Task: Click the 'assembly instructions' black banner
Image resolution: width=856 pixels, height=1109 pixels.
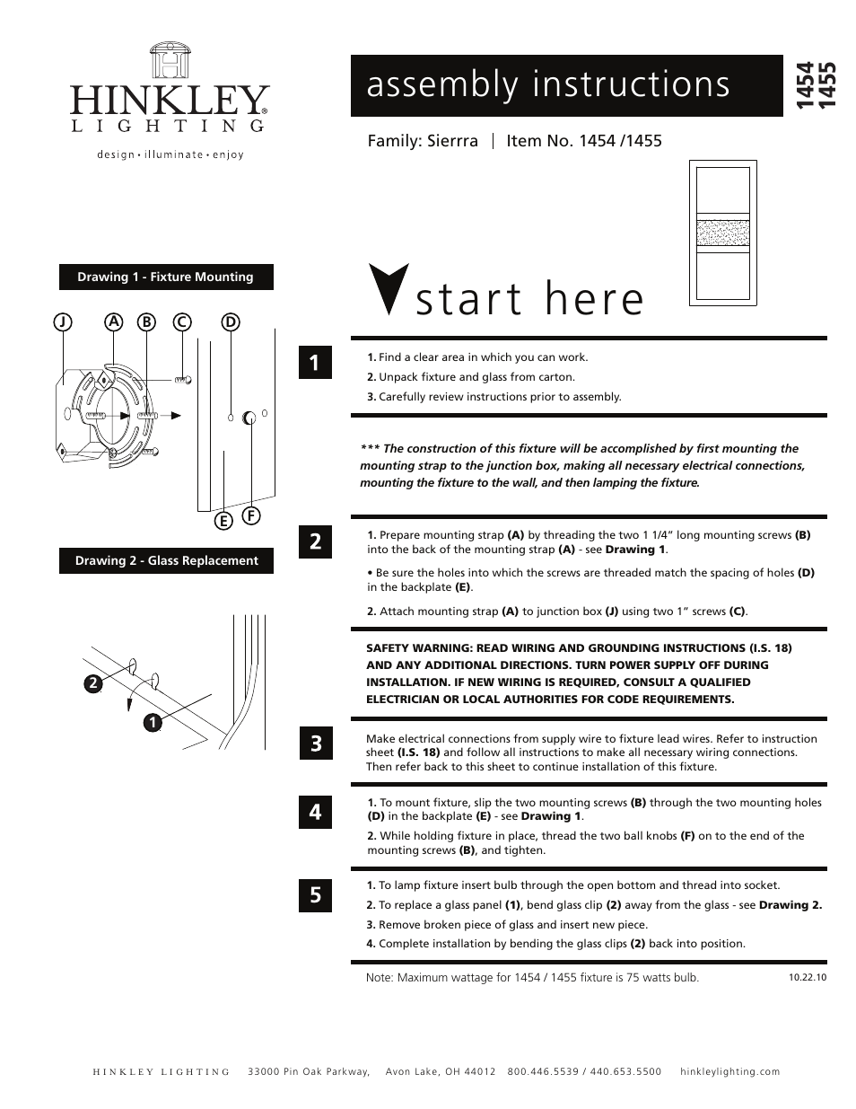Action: click(566, 85)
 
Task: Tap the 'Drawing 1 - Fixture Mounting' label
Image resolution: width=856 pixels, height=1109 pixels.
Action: click(166, 277)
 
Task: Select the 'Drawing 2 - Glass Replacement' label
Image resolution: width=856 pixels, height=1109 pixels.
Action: click(166, 560)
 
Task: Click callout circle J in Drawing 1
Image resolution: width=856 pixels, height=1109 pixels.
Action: click(62, 321)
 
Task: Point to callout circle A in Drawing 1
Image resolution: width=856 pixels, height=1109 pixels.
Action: click(113, 321)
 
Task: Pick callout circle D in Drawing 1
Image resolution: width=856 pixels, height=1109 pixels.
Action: click(230, 321)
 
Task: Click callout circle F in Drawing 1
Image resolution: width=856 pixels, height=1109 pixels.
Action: click(251, 515)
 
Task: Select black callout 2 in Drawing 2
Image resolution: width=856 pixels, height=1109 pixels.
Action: click(92, 683)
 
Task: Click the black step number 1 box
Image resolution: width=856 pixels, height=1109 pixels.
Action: click(315, 363)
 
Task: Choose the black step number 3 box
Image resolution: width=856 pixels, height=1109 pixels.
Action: click(315, 744)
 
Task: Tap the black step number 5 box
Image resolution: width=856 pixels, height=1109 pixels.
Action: click(315, 894)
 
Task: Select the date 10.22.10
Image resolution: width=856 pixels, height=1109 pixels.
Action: click(807, 977)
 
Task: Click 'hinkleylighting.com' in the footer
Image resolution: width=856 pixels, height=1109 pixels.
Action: click(730, 1071)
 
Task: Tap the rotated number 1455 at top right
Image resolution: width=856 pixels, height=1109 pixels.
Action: click(829, 86)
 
